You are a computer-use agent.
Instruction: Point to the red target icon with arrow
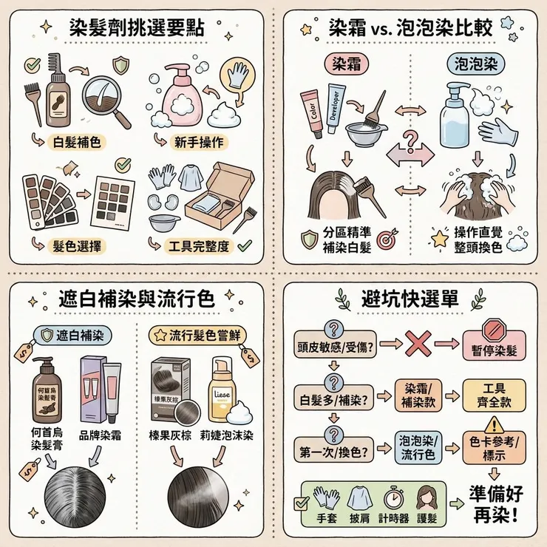pos(384,241)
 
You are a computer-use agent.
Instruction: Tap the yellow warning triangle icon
pos(491,423)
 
